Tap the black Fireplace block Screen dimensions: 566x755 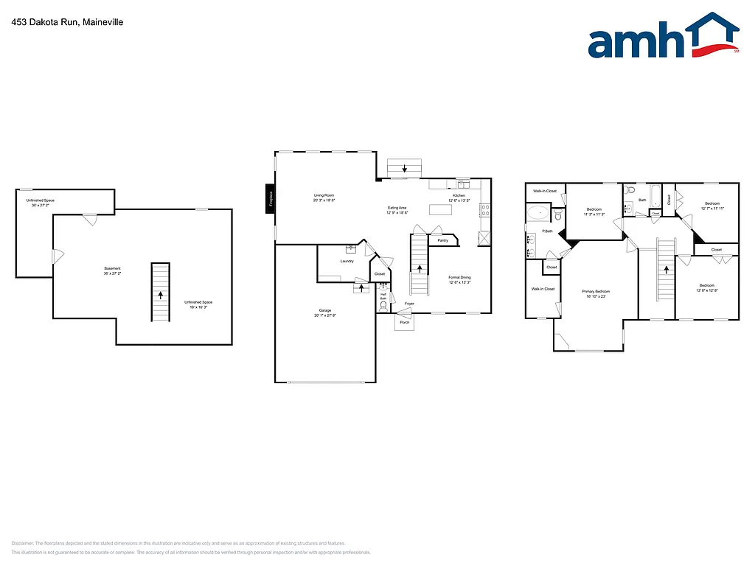click(x=271, y=200)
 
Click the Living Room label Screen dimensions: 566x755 click(x=324, y=195)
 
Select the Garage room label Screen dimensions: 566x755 click(x=324, y=310)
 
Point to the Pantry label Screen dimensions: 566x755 click(x=442, y=240)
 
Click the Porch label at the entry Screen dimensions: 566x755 click(x=404, y=322)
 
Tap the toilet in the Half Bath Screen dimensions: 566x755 click(x=383, y=304)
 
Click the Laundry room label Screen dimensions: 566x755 click(x=347, y=262)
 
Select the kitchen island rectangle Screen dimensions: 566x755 click(x=440, y=209)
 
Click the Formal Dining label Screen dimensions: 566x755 click(x=459, y=278)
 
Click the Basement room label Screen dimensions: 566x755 click(x=112, y=268)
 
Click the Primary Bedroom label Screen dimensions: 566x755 click(x=596, y=292)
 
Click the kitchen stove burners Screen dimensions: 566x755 click(x=484, y=210)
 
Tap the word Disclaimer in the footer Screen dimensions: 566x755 click(x=23, y=543)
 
